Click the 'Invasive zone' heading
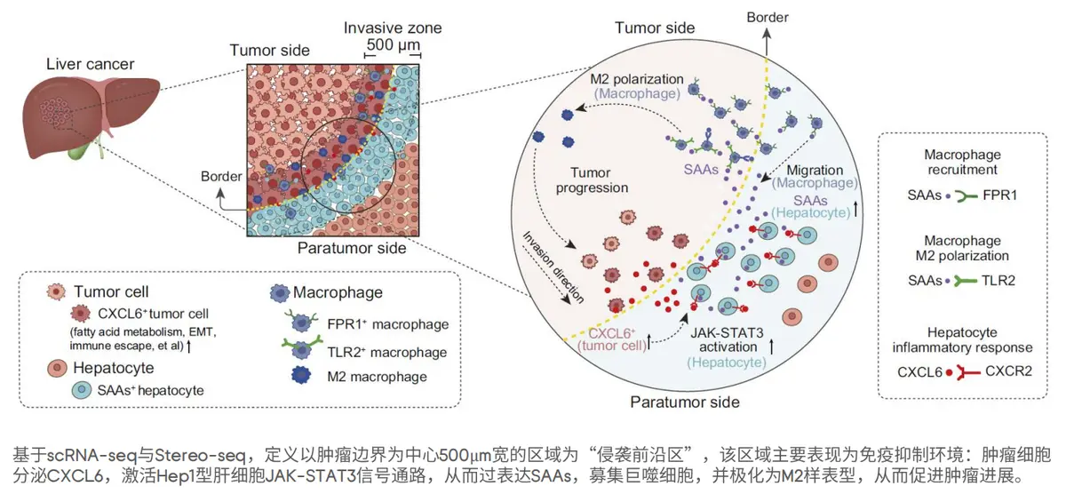click(393, 28)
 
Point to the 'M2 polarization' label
click(637, 78)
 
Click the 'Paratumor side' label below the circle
click(684, 402)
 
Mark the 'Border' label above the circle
click(767, 17)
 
